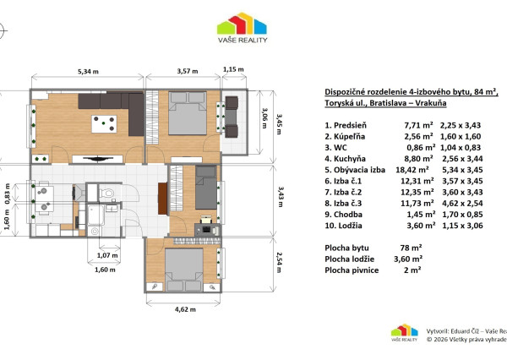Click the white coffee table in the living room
107,123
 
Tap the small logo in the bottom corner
404,333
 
